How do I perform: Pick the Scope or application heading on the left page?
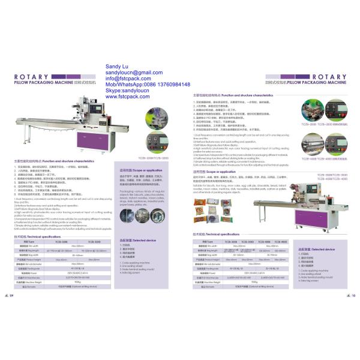137,170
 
